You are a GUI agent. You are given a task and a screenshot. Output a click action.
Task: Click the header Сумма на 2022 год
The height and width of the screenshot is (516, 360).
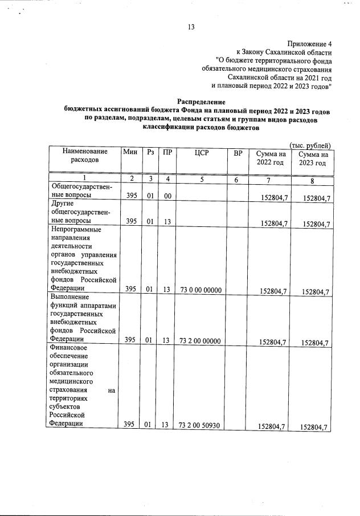click(270, 158)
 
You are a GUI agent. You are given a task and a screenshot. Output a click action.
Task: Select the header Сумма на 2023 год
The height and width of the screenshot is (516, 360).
click(312, 159)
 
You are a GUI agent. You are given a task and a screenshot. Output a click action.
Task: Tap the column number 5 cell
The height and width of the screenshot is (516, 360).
click(202, 178)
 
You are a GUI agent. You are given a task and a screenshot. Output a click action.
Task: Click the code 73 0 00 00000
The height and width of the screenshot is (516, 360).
click(200, 290)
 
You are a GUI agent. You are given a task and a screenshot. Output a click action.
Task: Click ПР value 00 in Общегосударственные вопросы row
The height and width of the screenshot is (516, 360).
click(166, 196)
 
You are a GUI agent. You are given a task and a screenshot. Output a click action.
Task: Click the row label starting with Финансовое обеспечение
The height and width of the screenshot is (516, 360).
click(83, 387)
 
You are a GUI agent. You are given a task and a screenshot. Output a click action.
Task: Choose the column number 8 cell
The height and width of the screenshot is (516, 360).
click(312, 181)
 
